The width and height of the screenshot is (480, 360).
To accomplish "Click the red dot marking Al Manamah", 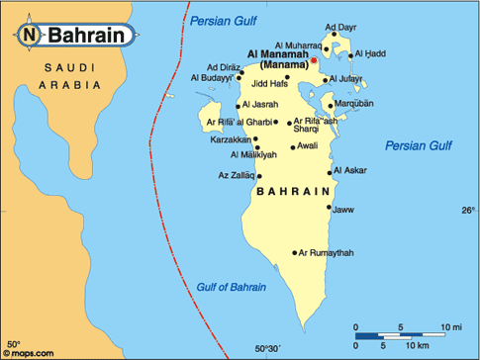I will coord(314,60).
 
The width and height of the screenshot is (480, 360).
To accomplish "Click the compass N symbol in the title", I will coord(29,36).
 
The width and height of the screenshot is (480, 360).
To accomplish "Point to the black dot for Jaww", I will coord(329,210).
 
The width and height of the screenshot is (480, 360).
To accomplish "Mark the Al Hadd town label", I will coord(370,53).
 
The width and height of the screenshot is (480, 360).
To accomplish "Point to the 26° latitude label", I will coord(467,211).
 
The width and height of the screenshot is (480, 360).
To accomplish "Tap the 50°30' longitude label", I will coord(268,348).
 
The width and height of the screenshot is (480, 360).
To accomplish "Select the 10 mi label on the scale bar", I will coord(452,326).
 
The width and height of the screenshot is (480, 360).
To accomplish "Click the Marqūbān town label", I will coord(354,103).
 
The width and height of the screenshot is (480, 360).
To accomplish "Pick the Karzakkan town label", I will coord(231,140).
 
